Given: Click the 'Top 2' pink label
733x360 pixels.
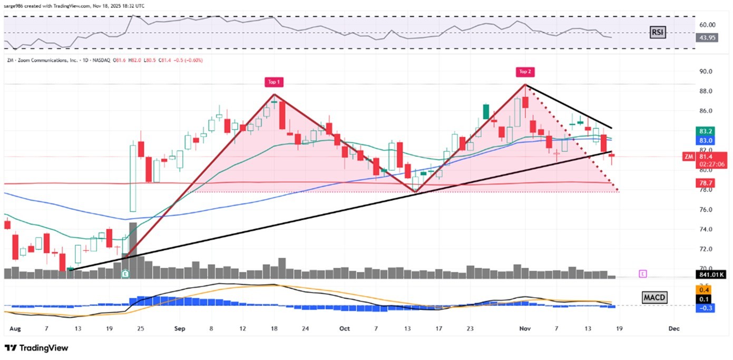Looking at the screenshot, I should tap(525, 72).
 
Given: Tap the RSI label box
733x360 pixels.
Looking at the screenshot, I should tap(657, 33).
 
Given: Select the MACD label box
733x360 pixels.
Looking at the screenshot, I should tap(654, 298).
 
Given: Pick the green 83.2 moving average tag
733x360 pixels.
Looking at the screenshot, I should tap(706, 131).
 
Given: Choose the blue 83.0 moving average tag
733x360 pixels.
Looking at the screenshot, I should tap(706, 140).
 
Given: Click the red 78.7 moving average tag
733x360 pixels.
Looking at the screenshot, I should tap(706, 182).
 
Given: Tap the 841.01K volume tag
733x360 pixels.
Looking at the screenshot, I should tap(711, 275).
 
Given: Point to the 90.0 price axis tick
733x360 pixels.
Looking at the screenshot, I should tap(706, 71).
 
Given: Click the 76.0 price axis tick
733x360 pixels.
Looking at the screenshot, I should tap(706, 209).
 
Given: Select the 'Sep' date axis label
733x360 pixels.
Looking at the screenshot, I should tap(180, 328).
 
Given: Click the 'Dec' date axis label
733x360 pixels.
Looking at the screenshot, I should tap(673, 328).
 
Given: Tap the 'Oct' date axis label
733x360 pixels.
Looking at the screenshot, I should tap(344, 328).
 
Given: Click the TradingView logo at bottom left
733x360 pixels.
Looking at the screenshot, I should tap(36, 348).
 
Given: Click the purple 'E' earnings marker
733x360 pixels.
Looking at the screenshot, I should tap(642, 274).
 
